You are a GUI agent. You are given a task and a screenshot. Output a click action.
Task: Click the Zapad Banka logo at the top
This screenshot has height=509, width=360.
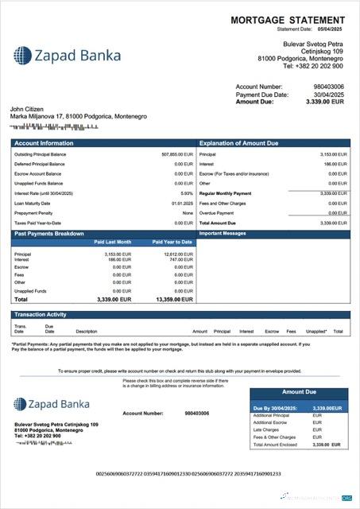[68, 55]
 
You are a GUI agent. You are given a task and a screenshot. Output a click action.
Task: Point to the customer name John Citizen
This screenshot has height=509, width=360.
[29, 108]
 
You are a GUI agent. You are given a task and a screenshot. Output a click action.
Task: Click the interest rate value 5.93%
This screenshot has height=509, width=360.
[187, 192]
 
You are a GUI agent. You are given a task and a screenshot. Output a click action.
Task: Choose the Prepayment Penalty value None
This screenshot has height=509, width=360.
[188, 212]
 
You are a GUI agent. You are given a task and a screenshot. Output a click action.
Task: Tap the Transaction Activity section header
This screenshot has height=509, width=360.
[41, 315]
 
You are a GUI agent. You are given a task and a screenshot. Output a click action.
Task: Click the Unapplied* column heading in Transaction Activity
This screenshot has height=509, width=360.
[315, 331]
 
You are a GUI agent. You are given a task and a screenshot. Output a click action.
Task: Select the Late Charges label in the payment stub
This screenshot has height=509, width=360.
[265, 430]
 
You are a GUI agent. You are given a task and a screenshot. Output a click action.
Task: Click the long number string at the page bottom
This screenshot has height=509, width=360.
[188, 473]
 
